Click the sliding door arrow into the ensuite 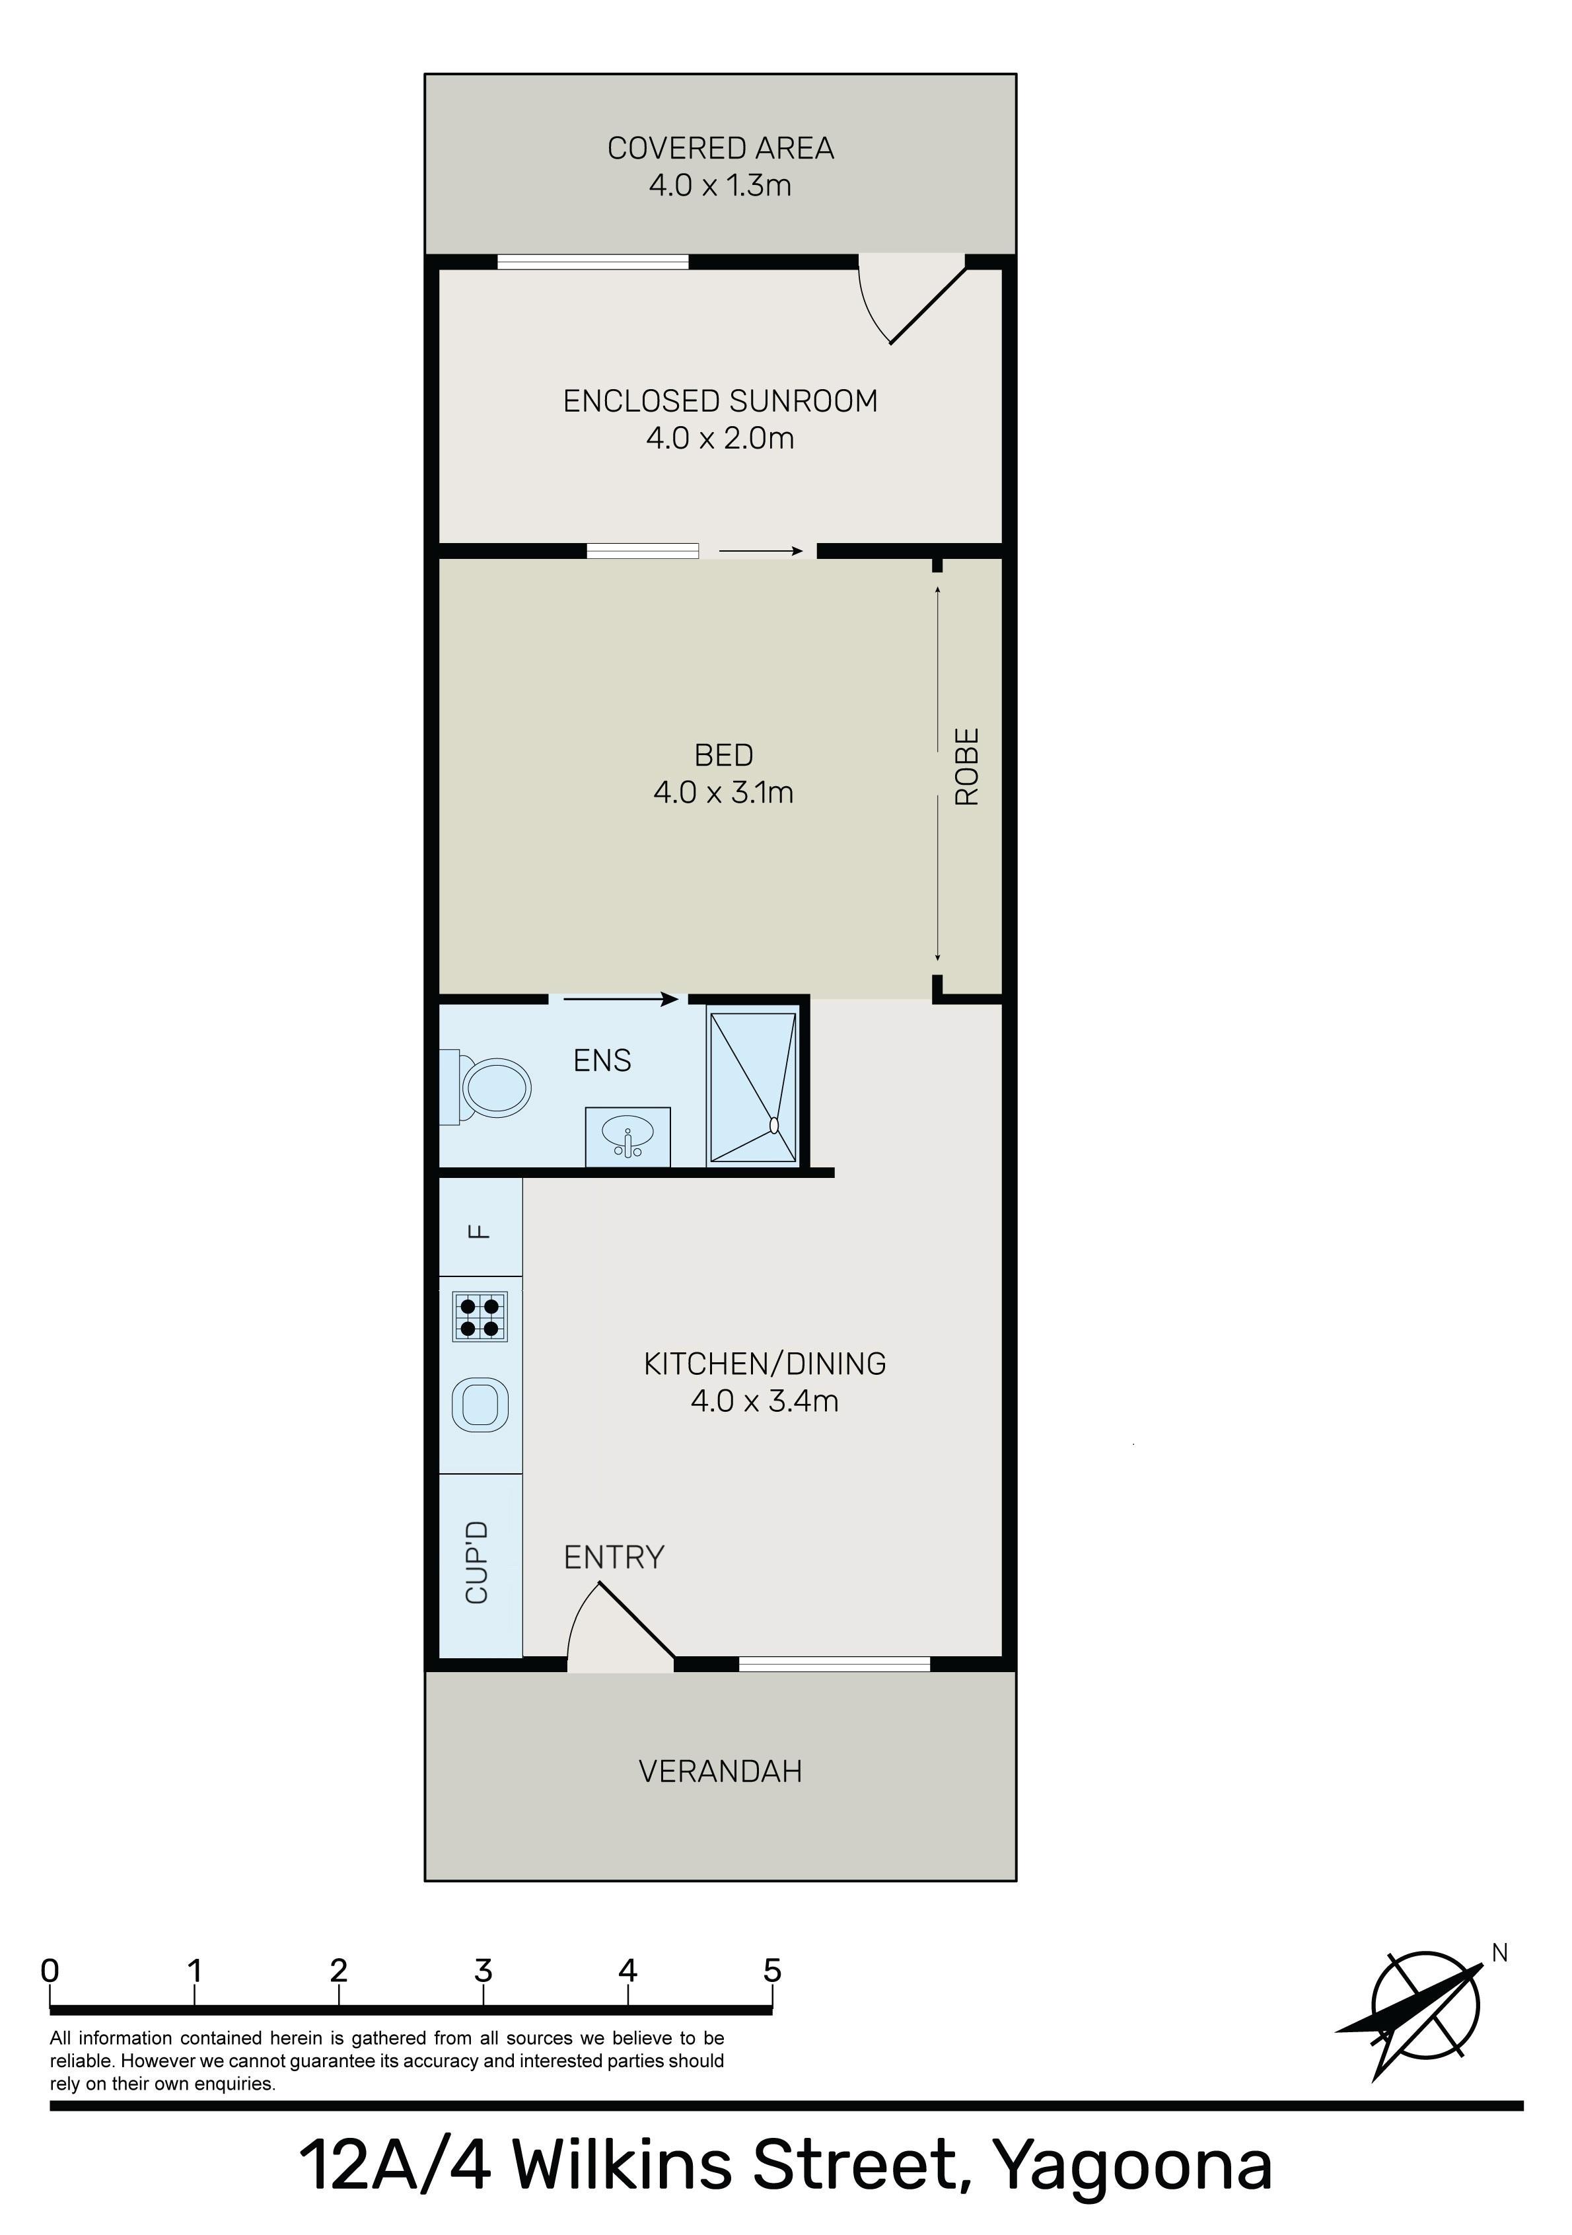tap(620, 999)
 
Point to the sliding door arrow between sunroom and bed tap(761, 551)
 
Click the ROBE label tap(966, 766)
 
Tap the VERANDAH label tap(721, 1771)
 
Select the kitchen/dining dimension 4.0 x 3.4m tap(764, 1401)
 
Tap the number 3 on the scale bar tap(483, 1971)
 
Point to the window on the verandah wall tap(834, 1664)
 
